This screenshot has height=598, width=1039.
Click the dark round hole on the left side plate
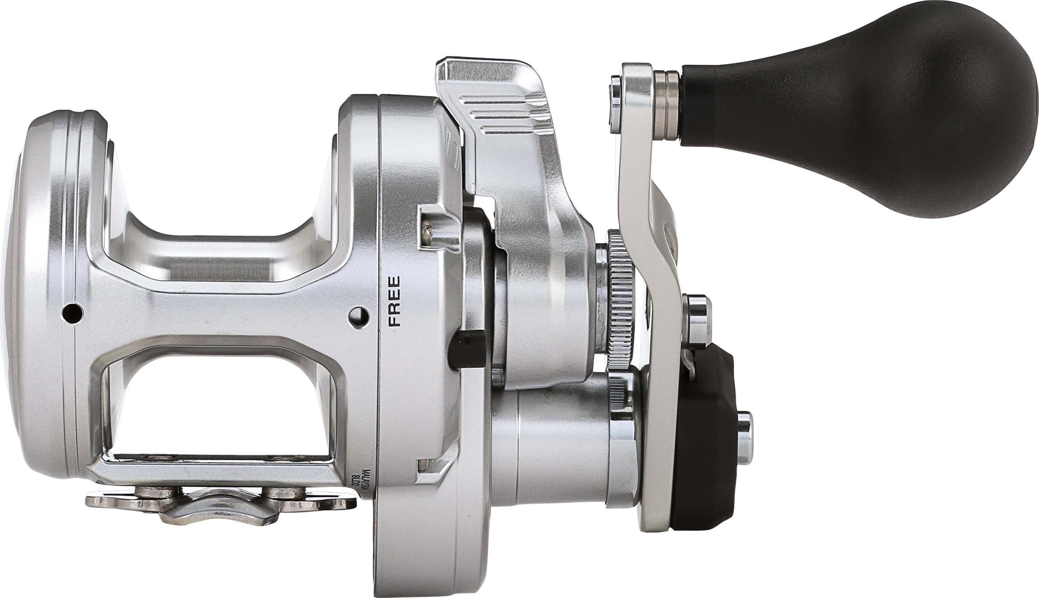(x=71, y=312)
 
